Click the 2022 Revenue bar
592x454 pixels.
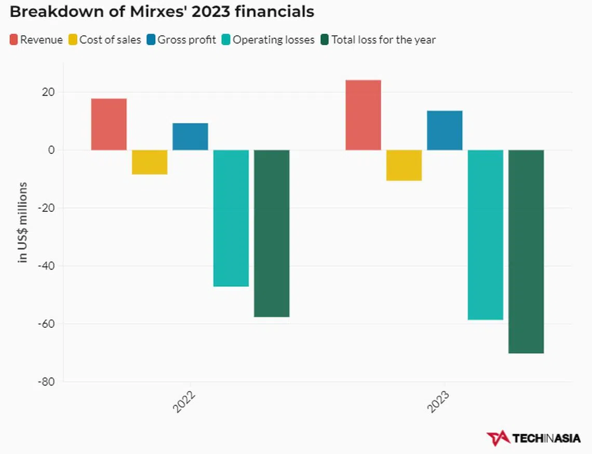pos(109,124)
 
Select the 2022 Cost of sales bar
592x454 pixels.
pos(150,162)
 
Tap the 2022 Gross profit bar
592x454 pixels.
pos(190,137)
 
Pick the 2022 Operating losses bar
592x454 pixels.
pos(231,218)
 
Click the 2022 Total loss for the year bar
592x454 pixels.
pos(272,233)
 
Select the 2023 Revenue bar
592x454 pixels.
pos(363,115)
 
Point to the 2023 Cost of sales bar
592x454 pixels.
pos(404,165)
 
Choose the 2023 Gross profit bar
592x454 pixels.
pos(445,130)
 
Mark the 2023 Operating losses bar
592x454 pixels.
pos(486,235)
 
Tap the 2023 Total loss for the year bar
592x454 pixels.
pos(526,251)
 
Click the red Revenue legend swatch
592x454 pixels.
pos(14,39)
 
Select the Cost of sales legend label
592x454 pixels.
pos(110,40)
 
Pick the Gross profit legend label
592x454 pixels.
pos(187,40)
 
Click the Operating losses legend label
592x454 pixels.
pos(274,40)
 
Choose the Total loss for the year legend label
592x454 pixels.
pos(384,40)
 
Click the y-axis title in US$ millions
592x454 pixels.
pos(23,222)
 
